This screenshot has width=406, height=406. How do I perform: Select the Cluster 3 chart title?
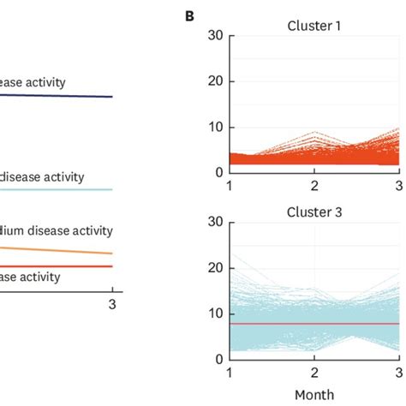click(x=314, y=211)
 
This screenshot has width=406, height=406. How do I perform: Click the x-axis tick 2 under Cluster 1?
click(x=314, y=186)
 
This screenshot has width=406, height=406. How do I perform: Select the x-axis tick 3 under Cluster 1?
click(x=400, y=186)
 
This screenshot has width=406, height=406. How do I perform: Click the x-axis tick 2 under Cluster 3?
click(x=314, y=373)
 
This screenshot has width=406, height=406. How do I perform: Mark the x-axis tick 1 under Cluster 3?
click(x=229, y=373)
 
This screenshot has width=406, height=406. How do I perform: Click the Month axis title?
click(x=314, y=395)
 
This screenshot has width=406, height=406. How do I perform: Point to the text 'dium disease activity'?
click(x=57, y=230)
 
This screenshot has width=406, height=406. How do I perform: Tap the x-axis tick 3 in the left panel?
click(x=111, y=303)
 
